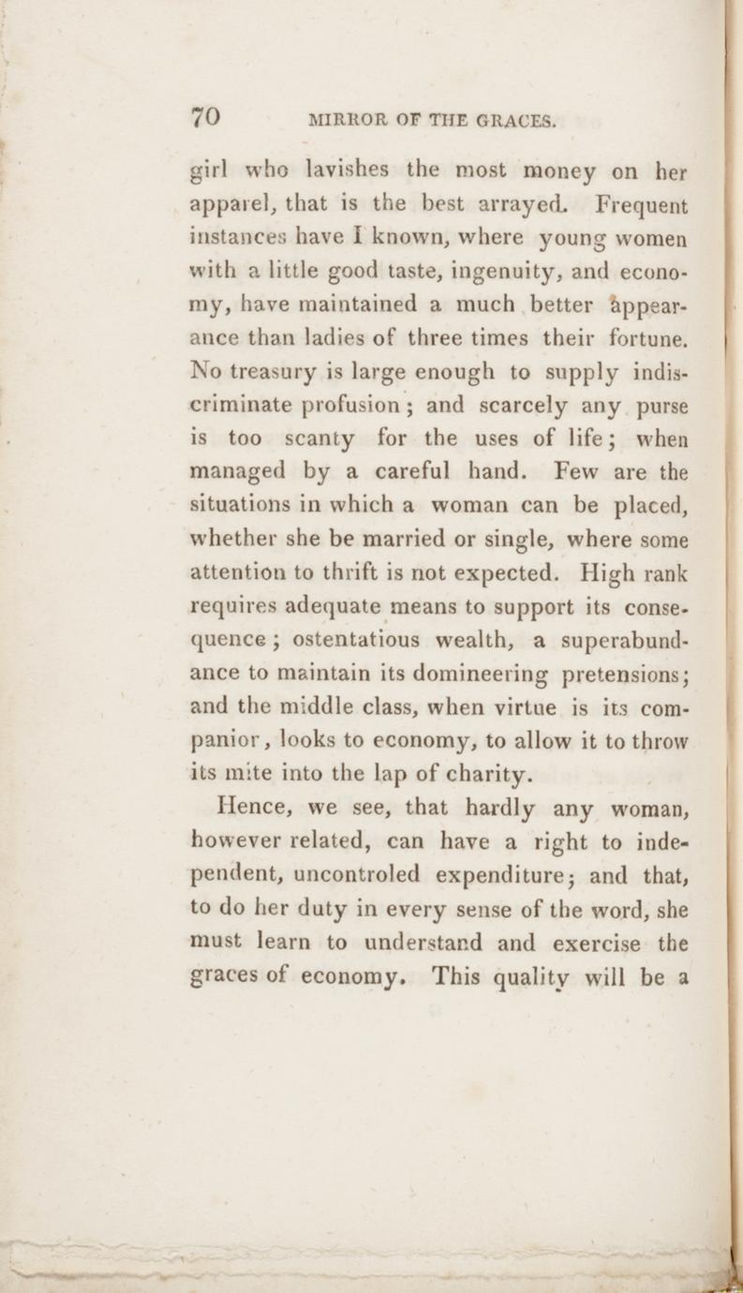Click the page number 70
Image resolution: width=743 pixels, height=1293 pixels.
[206, 117]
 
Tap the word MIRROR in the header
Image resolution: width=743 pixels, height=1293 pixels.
[345, 120]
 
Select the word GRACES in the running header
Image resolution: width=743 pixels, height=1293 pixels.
[516, 120]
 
